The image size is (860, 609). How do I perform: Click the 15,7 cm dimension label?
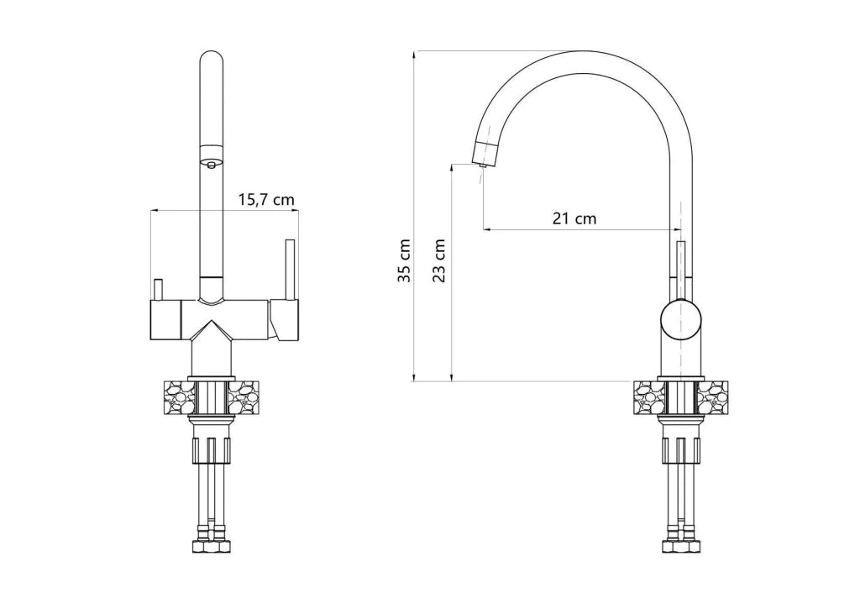point(266,200)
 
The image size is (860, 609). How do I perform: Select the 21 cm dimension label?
point(574,218)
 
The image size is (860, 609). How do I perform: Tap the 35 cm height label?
point(404,260)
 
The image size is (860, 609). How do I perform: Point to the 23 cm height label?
point(438,260)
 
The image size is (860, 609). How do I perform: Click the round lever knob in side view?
point(680,319)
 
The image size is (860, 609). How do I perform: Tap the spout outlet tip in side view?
point(482,165)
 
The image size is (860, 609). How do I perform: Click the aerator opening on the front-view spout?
point(211,163)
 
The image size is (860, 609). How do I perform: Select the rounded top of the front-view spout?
point(212,58)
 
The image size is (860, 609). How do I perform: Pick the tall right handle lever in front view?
point(290,270)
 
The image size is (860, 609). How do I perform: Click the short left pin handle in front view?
point(158,290)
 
